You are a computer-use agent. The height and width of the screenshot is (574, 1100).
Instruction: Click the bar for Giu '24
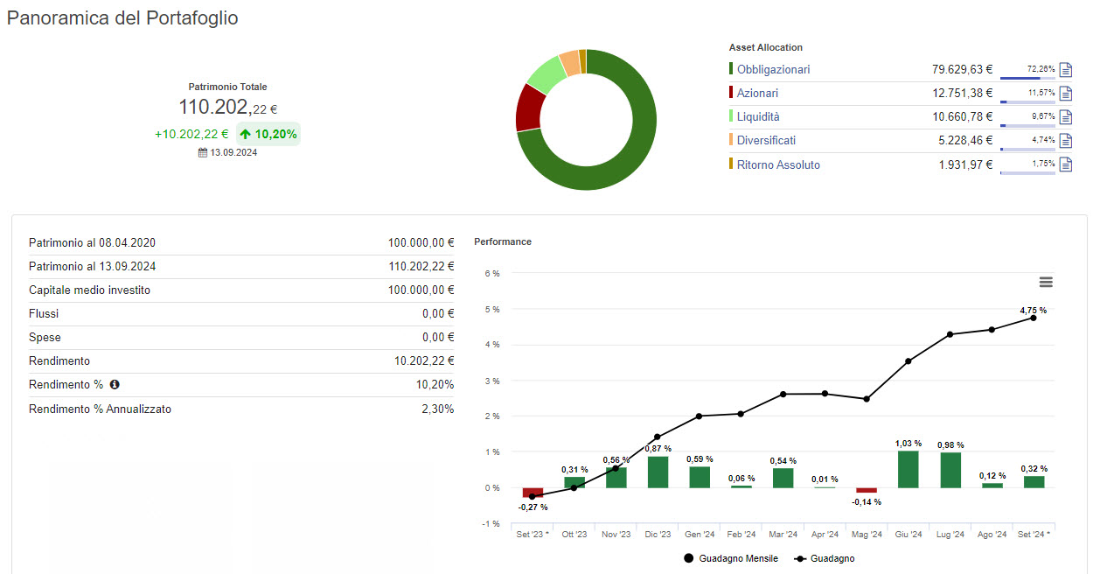pos(909,469)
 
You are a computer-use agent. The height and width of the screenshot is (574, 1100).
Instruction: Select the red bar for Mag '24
pos(866,491)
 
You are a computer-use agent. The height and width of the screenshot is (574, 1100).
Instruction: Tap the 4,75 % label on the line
pos(1033,310)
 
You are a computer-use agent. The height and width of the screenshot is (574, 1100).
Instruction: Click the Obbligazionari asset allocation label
pos(773,69)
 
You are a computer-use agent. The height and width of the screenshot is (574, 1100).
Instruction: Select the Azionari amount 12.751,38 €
pos(962,93)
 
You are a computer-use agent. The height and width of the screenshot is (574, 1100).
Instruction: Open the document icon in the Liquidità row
pos(1065,117)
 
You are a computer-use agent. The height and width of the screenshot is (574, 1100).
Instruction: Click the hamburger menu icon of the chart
pos(1046,282)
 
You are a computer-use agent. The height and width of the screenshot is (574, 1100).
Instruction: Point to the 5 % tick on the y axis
pos(492,309)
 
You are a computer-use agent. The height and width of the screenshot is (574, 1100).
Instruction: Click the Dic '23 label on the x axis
pos(658,534)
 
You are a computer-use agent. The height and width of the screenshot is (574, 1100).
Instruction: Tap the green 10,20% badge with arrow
pos(268,134)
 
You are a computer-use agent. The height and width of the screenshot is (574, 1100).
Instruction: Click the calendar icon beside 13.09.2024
pos(203,152)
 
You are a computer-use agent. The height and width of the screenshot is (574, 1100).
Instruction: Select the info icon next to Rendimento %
pos(114,384)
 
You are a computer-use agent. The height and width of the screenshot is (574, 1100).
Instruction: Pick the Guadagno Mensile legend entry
pos(731,558)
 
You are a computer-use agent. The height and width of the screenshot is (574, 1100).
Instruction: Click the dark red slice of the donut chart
pos(528,108)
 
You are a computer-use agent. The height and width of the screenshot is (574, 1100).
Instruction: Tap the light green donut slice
pos(546,73)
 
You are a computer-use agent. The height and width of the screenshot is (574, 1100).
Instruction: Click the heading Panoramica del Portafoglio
pos(122,18)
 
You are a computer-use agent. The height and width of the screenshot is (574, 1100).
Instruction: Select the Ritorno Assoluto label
pos(778,164)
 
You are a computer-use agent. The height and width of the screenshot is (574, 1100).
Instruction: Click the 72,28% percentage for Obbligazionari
pos(1041,68)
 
